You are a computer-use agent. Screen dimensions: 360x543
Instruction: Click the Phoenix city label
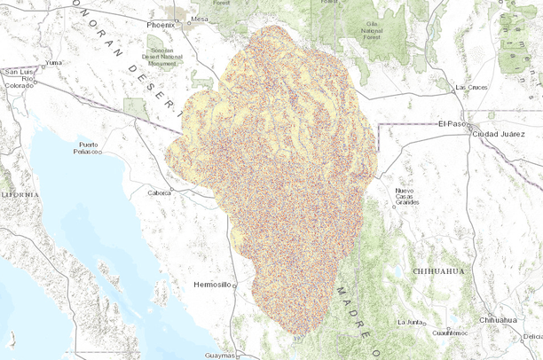pyautogui.click(x=161, y=25)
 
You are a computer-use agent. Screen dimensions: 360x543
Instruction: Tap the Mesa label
pyautogui.click(x=200, y=19)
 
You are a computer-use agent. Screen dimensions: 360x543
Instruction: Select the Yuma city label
pyautogui.click(x=55, y=63)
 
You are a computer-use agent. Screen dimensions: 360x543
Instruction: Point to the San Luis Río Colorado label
pyautogui.click(x=19, y=78)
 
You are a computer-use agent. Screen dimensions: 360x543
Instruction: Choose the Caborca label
pyautogui.click(x=160, y=192)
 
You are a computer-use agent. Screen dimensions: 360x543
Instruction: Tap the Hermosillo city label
pyautogui.click(x=212, y=285)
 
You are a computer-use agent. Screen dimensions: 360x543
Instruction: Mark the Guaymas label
pyautogui.click(x=218, y=355)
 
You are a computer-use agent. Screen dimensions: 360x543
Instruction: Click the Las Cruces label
pyautogui.click(x=471, y=88)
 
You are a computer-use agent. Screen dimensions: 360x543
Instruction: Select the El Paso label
pyautogui.click(x=452, y=124)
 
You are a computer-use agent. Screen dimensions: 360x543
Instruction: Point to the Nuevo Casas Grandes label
pyautogui.click(x=406, y=196)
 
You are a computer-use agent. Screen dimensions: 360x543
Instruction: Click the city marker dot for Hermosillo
pyautogui.click(x=236, y=286)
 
